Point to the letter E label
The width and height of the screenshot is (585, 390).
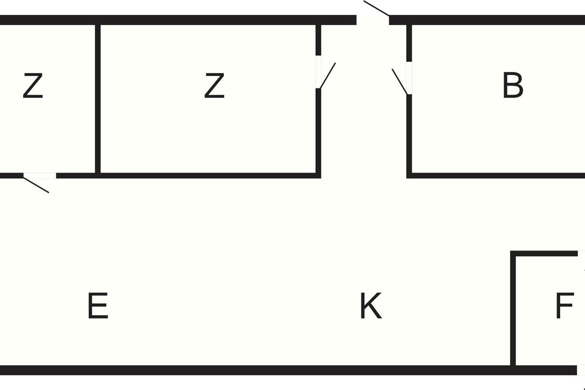(97, 306)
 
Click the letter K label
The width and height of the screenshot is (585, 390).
(370, 306)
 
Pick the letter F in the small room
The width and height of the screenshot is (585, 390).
(565, 306)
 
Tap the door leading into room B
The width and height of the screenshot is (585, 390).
(409, 78)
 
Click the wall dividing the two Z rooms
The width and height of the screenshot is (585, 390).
(97, 97)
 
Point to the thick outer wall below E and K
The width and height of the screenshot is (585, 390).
(244, 370)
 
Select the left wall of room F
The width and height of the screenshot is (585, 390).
(513, 312)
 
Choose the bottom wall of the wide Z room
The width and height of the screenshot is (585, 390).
(210, 175)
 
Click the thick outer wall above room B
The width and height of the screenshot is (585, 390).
(487, 20)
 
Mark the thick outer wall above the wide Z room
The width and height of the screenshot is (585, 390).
(210, 20)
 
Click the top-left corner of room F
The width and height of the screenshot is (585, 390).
(513, 253)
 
